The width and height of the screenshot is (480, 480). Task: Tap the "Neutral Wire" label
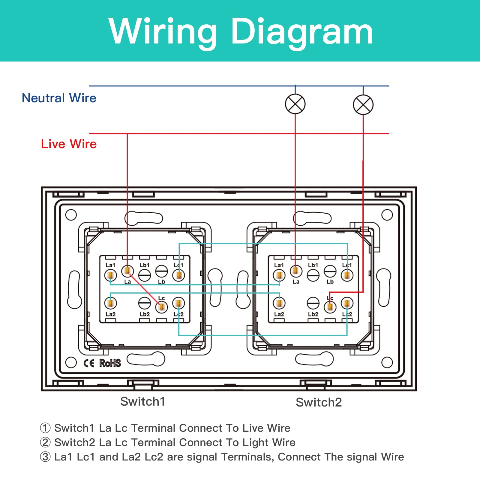59,98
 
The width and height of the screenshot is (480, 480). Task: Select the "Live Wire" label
69,144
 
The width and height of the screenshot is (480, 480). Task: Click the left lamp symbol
295,104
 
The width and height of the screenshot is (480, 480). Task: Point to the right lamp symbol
363,105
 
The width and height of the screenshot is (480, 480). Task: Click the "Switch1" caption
142,401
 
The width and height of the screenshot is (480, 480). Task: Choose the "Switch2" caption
319,402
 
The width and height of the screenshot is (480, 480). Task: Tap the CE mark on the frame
89,363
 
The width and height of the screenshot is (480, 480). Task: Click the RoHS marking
110,363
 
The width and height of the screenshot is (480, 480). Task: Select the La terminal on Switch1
127,271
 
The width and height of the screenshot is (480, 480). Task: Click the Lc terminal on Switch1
162,307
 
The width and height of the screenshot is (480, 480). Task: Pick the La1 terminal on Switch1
110,275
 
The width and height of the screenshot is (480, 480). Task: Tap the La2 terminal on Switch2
279,303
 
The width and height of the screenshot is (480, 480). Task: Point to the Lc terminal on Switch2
330,307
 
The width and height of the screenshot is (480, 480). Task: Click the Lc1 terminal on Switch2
347,275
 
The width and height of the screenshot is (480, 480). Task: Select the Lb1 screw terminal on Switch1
144,275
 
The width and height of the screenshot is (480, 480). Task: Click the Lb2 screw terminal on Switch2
313,303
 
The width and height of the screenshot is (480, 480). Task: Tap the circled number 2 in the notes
45,442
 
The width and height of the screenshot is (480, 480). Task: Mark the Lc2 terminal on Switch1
178,303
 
